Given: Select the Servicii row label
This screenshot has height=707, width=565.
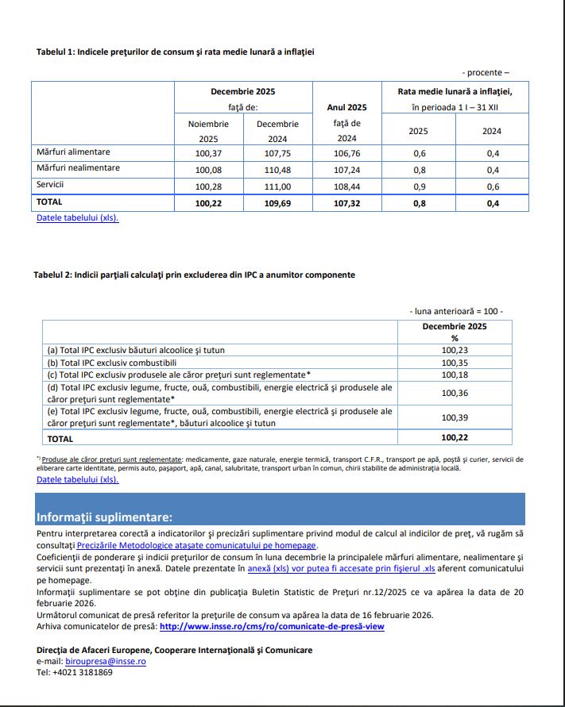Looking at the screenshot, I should pos(50,184).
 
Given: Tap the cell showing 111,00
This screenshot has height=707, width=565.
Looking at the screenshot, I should pos(277,185).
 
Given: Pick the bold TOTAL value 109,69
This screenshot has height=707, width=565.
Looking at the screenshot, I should pos(277,202).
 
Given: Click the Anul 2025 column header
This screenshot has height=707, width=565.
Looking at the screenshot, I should pos(346,107).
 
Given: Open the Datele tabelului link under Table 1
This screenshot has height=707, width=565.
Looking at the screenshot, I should pos(78,217).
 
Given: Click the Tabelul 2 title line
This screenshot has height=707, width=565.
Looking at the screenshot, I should pos(194,275).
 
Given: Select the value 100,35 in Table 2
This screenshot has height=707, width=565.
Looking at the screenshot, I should pos(454,362).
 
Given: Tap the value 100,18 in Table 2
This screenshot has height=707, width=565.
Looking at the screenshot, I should pos(454,375).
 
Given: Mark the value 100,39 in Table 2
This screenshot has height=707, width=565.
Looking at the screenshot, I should pos(454,417).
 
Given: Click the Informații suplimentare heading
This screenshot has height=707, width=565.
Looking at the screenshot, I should pos(104,517).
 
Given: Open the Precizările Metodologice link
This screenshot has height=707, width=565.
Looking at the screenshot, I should pos(197,545).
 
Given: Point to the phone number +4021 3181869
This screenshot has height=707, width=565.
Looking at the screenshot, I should pos(83,672).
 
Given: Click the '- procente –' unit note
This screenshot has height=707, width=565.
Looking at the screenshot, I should pos(486,72).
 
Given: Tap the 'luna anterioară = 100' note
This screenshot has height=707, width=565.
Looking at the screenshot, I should pos(456,311).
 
